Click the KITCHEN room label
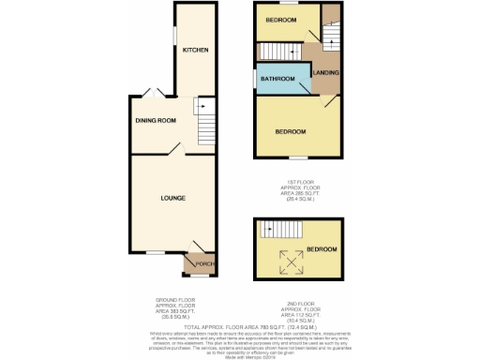tap(195, 50)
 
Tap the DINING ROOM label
tap(154, 121)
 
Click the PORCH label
tap(205, 263)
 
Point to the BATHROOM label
tap(277, 79)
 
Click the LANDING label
tap(326, 73)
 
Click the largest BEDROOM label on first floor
tap(291, 132)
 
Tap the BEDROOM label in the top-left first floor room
tap(279, 20)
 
